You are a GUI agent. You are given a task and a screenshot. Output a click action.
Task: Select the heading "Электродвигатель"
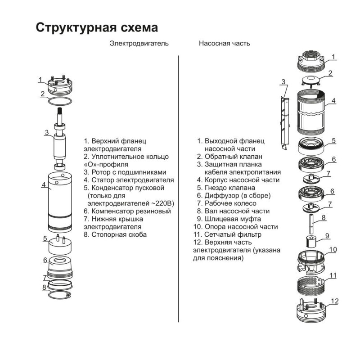[139, 44]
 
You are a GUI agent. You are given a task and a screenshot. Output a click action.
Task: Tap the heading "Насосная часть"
[224, 44]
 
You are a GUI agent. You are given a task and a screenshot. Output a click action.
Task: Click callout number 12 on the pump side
[334, 301]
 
